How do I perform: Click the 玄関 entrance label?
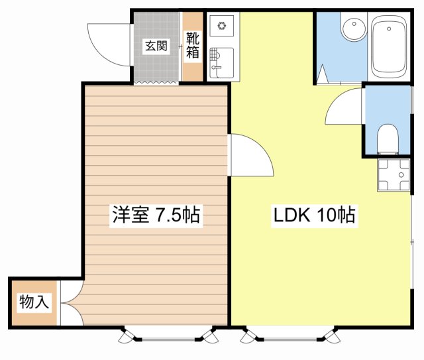coord(156,46)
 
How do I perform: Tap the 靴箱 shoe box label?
coord(193,45)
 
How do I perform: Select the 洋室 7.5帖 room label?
coord(156,214)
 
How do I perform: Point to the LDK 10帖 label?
coord(314,215)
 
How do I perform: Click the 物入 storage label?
coord(34,302)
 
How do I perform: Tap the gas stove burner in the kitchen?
coord(222,26)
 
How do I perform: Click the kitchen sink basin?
coord(222,63)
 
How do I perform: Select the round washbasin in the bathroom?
coord(354,28)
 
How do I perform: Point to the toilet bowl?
coord(388,139)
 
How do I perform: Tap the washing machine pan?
coord(394,175)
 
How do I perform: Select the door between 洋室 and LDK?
coord(252,155)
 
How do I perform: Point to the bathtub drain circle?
coord(389,29)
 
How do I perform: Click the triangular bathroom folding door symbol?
coord(323,73)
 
